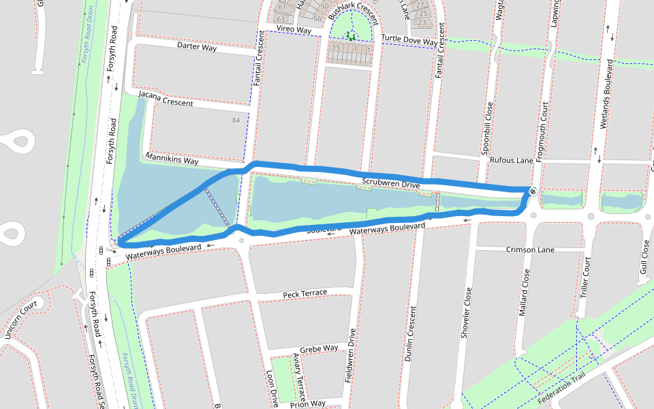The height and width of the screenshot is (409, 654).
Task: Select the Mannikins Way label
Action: [x=172, y=160]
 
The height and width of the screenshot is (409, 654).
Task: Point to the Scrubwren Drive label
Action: [x=390, y=183]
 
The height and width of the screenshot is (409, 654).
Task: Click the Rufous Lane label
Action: [x=511, y=160]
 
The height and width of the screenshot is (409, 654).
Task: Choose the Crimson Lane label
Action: [x=530, y=249]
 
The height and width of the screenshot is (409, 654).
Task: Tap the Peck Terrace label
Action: [x=305, y=293]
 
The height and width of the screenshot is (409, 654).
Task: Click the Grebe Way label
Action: [x=319, y=348]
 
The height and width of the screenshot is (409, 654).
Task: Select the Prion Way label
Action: [x=307, y=404]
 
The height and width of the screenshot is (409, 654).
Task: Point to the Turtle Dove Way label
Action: [x=409, y=40]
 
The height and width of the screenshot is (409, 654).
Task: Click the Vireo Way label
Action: [x=294, y=31]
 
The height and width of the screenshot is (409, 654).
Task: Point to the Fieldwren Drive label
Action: [x=350, y=355]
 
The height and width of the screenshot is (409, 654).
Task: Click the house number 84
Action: [x=236, y=121]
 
